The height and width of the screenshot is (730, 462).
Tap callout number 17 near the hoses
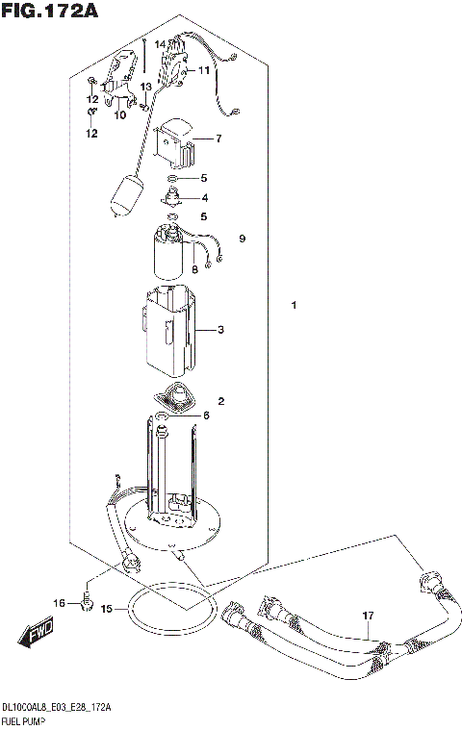tap(367, 616)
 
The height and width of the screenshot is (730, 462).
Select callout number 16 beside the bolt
tap(60, 604)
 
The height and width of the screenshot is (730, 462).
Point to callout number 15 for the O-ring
tap(107, 609)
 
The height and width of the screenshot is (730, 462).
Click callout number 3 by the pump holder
tap(220, 331)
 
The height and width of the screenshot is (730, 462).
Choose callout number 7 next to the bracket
tap(218, 139)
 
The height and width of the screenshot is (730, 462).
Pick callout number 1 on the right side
tap(295, 306)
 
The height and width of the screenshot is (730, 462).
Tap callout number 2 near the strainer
tap(220, 401)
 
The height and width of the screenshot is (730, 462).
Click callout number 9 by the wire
tap(243, 239)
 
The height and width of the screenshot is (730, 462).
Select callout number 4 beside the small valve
tap(203, 198)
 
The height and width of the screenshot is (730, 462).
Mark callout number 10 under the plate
tap(119, 115)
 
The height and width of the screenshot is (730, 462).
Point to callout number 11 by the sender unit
tap(204, 70)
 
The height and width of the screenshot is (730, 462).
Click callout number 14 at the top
tap(161, 44)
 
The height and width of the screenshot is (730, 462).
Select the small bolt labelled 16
tap(86, 602)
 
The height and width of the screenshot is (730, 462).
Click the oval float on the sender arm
tap(128, 196)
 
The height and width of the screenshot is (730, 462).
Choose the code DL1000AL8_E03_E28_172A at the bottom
tap(56, 707)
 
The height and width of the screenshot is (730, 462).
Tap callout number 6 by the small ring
tap(204, 415)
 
